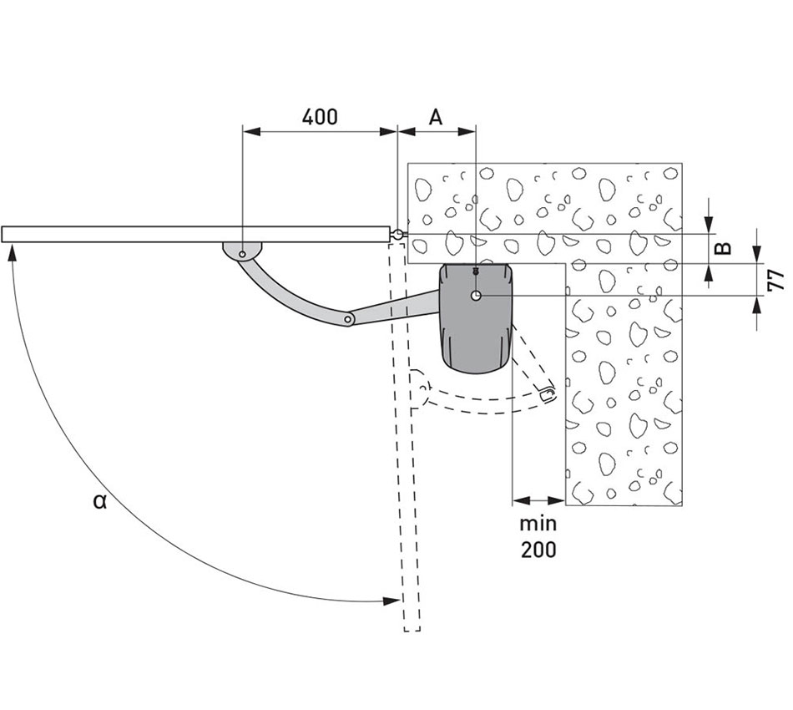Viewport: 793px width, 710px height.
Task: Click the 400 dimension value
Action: (320, 117)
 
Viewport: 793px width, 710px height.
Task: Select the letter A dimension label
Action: (436, 117)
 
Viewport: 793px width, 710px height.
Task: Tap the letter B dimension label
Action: (725, 248)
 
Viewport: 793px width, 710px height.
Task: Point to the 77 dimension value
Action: (775, 281)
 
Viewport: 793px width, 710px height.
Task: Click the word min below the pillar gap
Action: (538, 523)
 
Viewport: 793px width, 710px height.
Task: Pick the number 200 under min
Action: (538, 549)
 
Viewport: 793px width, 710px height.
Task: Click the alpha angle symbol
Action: (100, 501)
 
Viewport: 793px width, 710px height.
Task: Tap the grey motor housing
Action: (476, 318)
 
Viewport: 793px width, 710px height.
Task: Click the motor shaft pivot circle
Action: (476, 296)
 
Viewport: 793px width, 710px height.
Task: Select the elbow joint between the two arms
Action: (348, 319)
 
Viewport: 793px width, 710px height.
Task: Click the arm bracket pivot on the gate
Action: (243, 254)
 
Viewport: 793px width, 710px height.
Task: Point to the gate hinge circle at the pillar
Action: (398, 235)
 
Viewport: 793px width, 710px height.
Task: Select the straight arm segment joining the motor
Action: (395, 307)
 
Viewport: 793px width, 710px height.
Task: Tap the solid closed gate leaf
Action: (196, 235)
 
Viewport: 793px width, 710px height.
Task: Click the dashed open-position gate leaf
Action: (405, 436)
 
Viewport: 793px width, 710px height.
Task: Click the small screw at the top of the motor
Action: (476, 271)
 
